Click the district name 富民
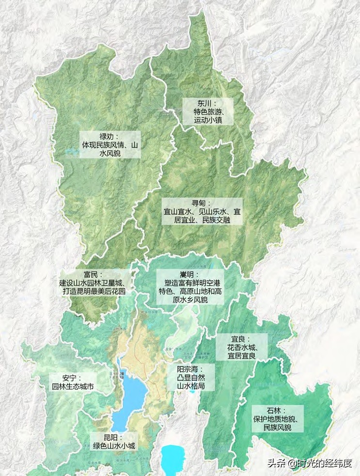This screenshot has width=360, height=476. (x=89, y=274)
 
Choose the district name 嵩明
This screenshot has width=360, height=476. (x=188, y=274)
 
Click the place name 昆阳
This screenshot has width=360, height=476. (x=112, y=437)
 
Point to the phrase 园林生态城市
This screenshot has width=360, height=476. (x=73, y=387)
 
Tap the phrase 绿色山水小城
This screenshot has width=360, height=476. (x=114, y=446)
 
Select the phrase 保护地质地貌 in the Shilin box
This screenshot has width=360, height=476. (x=277, y=419)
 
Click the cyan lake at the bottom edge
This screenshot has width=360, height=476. (x=172, y=458)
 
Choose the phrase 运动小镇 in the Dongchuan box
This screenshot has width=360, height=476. (x=207, y=120)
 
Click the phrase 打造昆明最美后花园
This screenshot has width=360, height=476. (x=94, y=292)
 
